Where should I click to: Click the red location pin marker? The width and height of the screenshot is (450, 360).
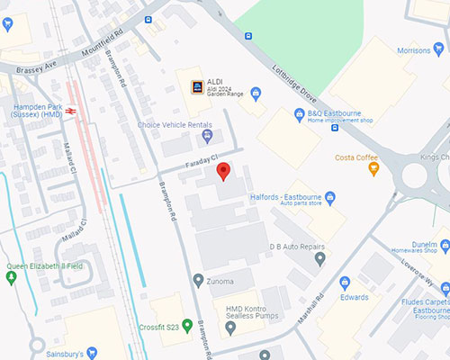(x=224, y=171)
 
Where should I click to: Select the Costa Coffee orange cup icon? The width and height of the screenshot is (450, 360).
(x=373, y=168)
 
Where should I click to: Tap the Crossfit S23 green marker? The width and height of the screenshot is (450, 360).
(x=187, y=325)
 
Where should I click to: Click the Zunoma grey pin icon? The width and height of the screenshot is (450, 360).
(x=199, y=281)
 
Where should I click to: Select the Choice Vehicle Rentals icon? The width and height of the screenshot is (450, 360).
(x=208, y=137)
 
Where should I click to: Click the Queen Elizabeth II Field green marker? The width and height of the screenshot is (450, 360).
(x=11, y=278)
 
